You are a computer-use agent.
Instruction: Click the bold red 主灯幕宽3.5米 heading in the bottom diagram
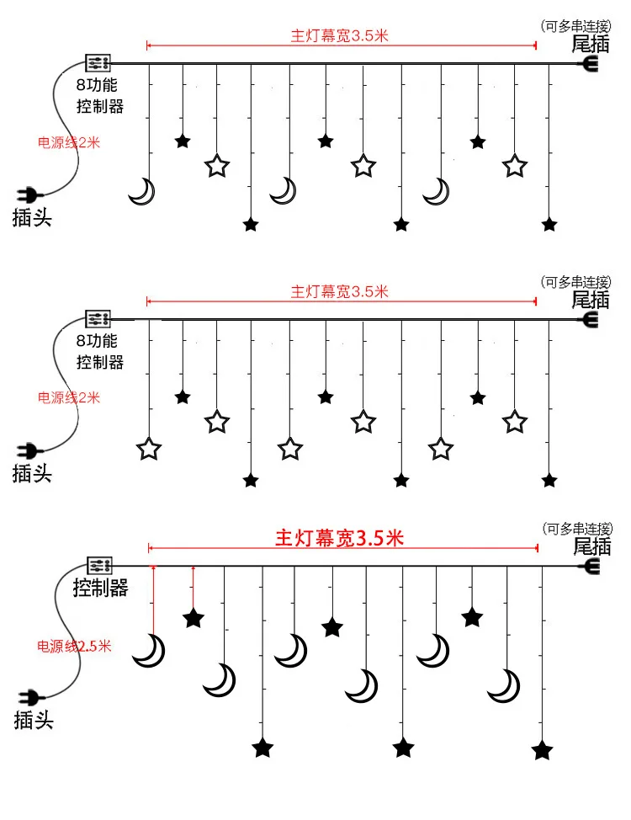click(340, 538)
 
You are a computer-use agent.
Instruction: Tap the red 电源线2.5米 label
click(75, 647)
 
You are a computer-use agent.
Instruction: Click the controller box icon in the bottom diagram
click(100, 565)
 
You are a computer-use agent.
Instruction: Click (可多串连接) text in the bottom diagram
click(576, 529)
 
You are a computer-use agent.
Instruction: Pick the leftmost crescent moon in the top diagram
click(143, 192)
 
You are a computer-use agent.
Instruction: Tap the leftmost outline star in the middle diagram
click(149, 449)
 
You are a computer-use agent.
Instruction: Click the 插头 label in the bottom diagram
click(34, 720)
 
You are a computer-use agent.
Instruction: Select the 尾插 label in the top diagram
click(591, 43)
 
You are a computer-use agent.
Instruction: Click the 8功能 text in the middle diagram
click(97, 342)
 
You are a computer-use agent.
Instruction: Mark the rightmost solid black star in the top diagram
click(549, 225)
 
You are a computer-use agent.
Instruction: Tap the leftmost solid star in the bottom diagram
click(194, 619)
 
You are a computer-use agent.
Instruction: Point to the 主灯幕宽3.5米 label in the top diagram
click(340, 35)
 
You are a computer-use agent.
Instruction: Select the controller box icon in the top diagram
click(98, 62)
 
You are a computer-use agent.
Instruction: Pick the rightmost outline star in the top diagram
click(514, 165)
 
